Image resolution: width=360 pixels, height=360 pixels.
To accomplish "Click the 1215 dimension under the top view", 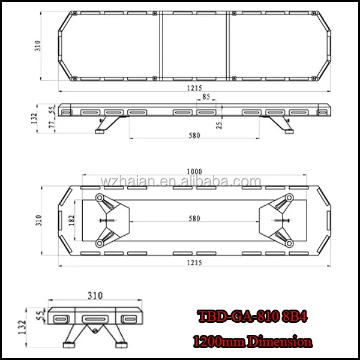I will pos(193,87).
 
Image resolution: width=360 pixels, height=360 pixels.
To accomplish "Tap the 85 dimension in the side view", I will pos(206,97).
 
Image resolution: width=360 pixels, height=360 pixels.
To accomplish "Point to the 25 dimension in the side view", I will pos(220,124).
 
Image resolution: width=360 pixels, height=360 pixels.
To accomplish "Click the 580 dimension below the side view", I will pos(194,136).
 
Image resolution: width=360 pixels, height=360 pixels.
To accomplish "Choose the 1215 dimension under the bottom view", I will pos(193,263).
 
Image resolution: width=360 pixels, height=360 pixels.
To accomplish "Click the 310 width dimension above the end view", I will pos(95,295).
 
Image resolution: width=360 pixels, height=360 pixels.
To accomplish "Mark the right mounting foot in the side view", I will pos(283,126).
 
